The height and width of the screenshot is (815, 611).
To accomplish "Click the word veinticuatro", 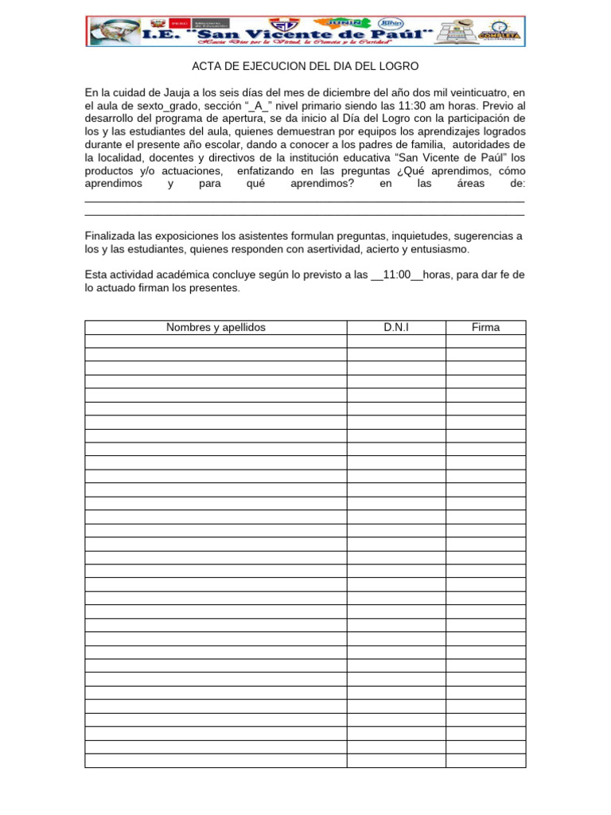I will pyautogui.click(x=469, y=92).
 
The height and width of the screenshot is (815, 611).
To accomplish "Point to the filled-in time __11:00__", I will pyautogui.click(x=397, y=275).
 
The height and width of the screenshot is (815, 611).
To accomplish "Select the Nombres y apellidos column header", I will pyautogui.click(x=216, y=327).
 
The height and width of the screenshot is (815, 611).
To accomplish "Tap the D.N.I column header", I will pyautogui.click(x=395, y=327).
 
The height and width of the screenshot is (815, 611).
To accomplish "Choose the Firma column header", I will pyautogui.click(x=485, y=327).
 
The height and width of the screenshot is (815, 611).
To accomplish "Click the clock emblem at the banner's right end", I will pyautogui.click(x=498, y=29).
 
